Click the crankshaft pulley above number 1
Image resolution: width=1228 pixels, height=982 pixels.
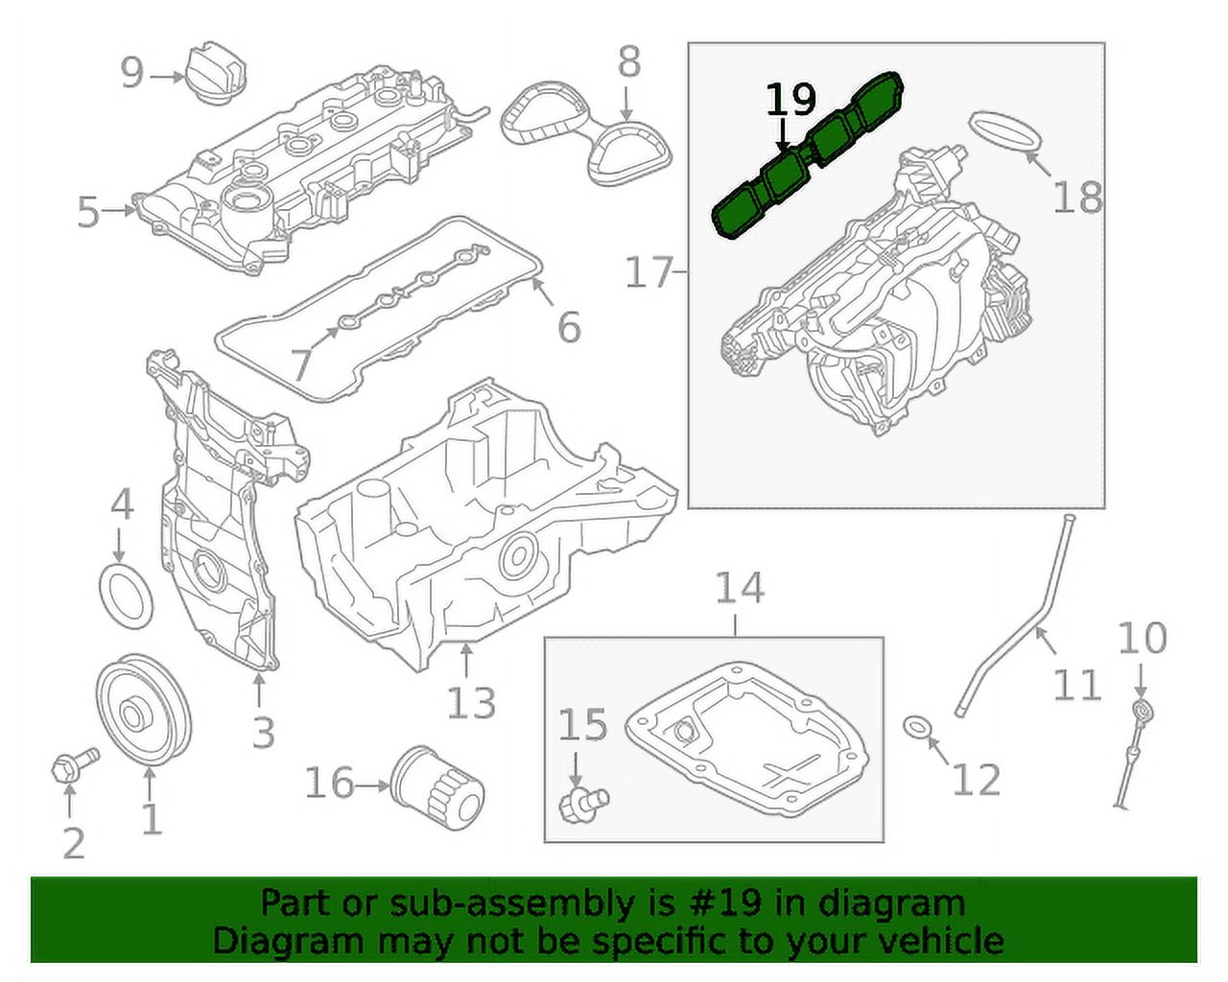tap(143, 713)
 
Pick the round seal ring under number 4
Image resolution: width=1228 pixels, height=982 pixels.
tap(127, 596)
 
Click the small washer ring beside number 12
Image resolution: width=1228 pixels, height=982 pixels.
tap(919, 729)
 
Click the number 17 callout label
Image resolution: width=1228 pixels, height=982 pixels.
tap(649, 272)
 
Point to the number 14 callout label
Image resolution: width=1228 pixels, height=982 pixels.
tap(740, 587)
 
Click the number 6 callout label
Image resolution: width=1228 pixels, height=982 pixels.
tap(569, 327)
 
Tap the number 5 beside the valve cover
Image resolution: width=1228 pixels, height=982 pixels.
tap(88, 212)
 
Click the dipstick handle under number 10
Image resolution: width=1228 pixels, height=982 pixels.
tap(1142, 712)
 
